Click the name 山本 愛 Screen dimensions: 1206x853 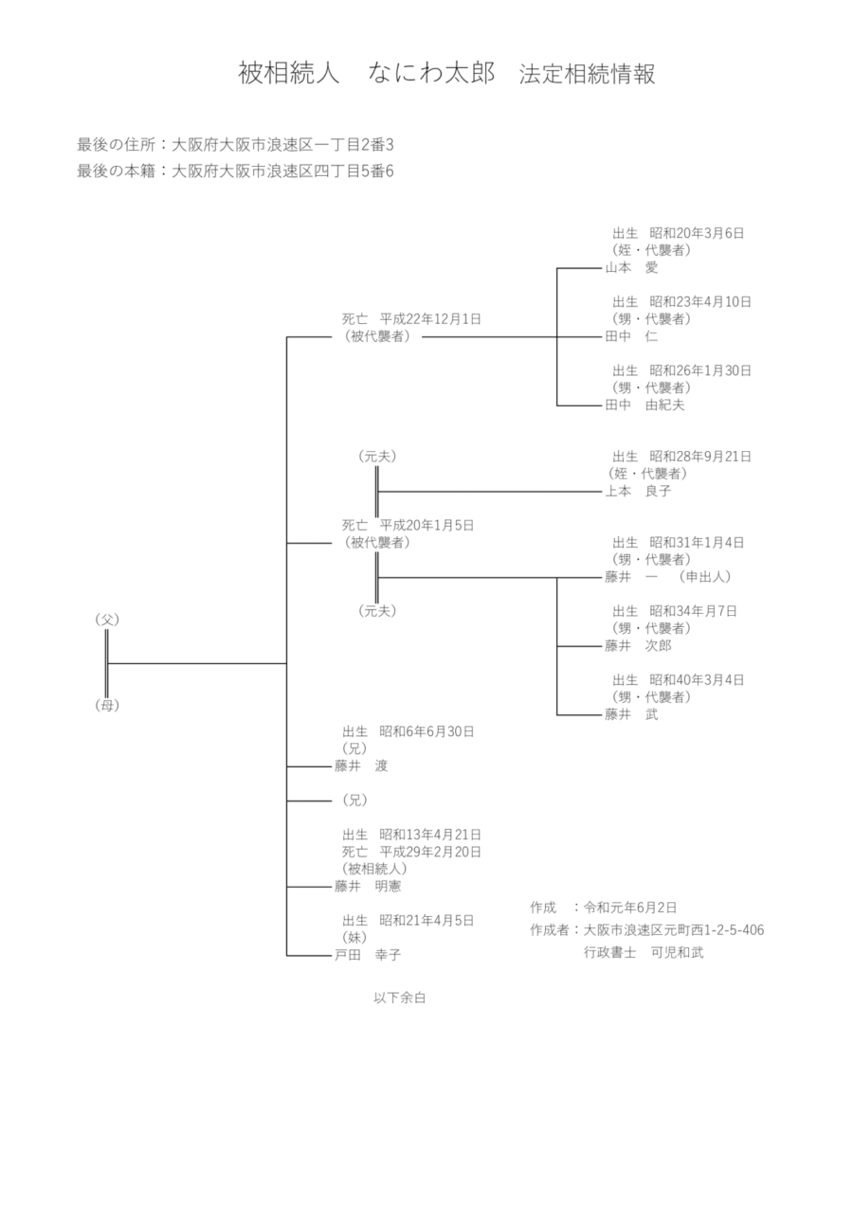coord(631,268)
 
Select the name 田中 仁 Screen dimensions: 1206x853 coord(631,336)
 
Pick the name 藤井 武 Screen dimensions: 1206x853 coord(631,714)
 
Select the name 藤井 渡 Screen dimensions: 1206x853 coord(361,765)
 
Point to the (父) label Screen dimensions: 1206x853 coord(106,620)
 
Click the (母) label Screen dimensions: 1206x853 coord(106,705)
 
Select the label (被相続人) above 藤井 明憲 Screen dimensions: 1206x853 coord(374,869)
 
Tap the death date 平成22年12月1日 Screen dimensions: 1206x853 coord(430,319)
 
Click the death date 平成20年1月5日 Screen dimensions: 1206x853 coord(426,525)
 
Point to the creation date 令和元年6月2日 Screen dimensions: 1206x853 coord(630,907)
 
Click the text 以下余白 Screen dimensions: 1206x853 coord(406,997)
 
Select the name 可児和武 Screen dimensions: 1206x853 coord(677,953)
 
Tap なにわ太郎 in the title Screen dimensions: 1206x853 coord(433,75)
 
